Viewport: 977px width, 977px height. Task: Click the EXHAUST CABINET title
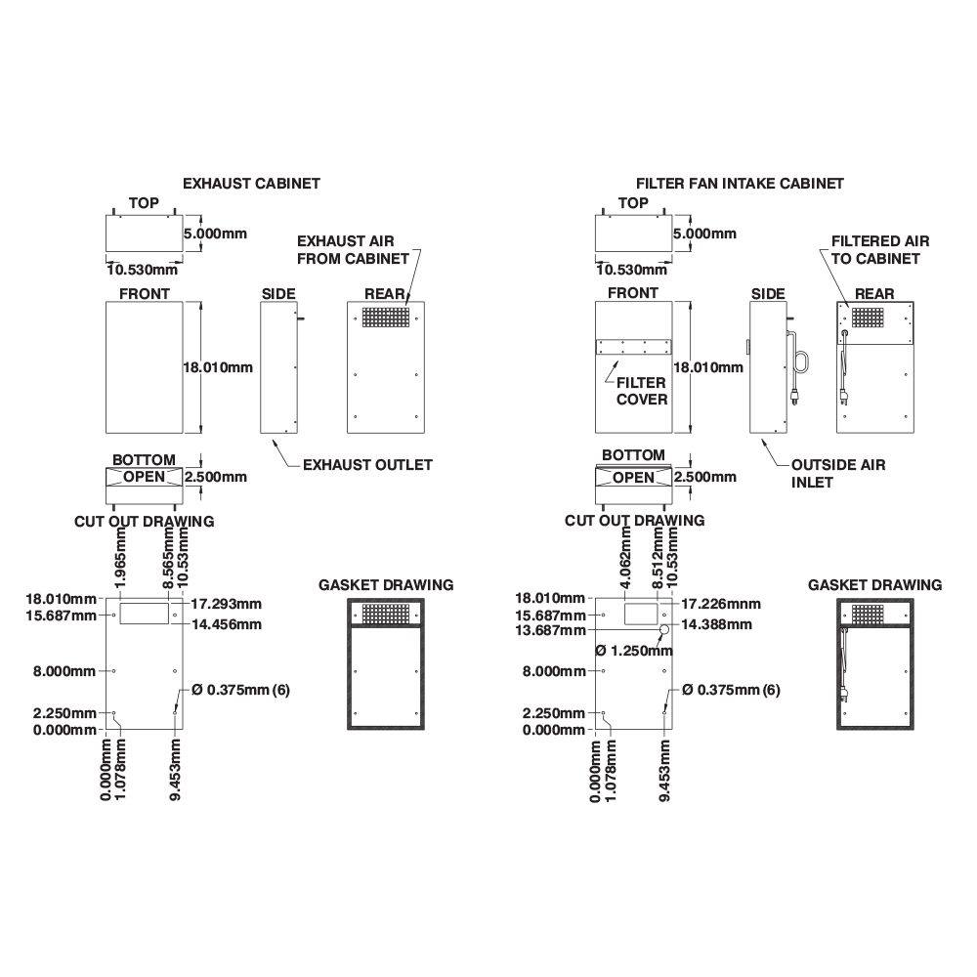point(251,184)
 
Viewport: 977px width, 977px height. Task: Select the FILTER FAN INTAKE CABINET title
point(740,184)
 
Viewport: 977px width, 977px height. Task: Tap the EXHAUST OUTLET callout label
point(367,465)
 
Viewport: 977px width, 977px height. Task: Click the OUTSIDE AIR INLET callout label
point(838,474)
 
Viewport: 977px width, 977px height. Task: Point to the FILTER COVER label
point(641,392)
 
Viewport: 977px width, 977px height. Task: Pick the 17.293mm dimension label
point(227,604)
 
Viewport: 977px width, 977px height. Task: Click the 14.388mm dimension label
point(716,624)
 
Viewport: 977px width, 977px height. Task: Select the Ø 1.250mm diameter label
point(634,651)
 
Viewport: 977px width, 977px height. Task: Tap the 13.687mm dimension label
point(550,630)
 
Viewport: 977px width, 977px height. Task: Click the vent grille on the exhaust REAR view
point(386,318)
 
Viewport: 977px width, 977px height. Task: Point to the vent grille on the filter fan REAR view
point(868,318)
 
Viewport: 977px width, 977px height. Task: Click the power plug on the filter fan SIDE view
point(795,397)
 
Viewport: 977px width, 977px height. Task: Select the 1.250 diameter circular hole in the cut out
point(664,630)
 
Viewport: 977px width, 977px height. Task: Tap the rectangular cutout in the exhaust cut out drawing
point(144,614)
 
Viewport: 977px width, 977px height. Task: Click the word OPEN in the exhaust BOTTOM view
point(144,478)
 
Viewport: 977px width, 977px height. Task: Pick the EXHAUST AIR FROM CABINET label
point(353,250)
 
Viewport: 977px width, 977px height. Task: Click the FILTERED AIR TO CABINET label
point(880,250)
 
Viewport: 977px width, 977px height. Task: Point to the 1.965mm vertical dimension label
point(121,558)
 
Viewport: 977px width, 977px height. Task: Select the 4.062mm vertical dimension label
point(626,558)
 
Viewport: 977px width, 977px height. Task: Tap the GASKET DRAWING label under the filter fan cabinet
point(874,585)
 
